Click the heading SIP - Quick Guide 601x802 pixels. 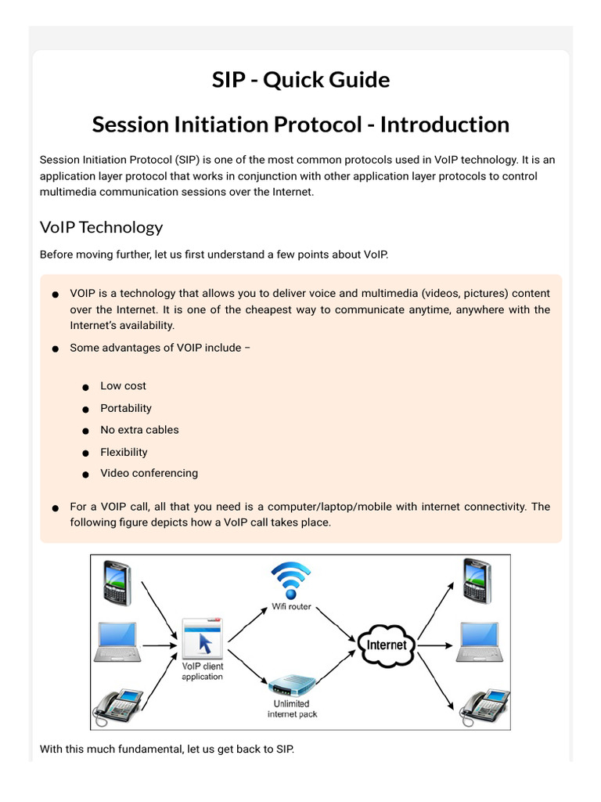point(300,79)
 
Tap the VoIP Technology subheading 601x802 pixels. point(101,227)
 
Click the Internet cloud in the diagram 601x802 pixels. point(387,644)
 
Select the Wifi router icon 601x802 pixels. point(290,578)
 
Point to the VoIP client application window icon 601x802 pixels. point(202,638)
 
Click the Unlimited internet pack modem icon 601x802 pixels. point(291,685)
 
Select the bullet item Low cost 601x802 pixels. point(123,386)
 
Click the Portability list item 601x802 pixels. point(126,408)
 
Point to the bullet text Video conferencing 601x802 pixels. point(149,473)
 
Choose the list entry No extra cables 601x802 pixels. point(139,429)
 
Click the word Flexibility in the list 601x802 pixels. point(124,452)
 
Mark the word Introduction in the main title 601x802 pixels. point(444,125)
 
